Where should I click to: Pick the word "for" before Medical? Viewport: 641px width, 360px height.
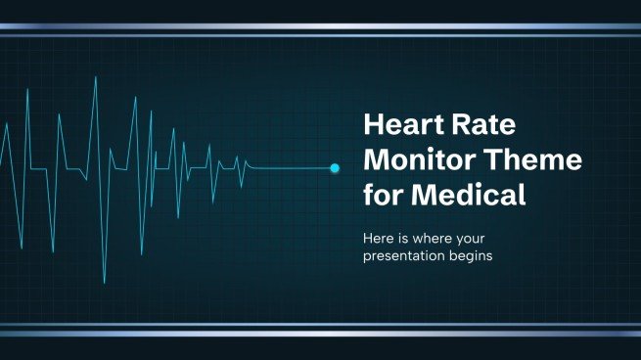[385, 195]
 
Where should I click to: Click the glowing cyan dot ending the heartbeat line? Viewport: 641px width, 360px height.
[335, 168]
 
